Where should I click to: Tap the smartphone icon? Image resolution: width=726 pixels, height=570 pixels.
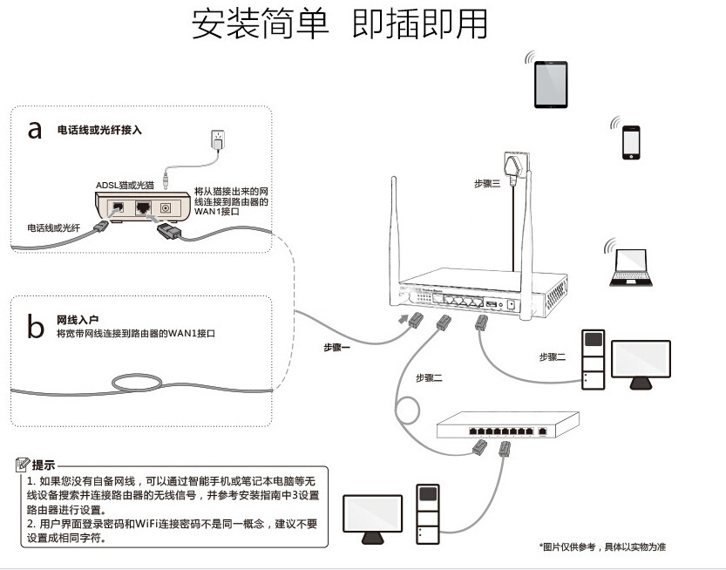pos(630,142)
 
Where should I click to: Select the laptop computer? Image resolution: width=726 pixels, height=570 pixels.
pos(628,268)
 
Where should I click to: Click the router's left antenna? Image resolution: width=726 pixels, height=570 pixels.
pos(395,231)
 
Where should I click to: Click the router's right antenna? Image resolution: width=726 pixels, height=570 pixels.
pos(526,235)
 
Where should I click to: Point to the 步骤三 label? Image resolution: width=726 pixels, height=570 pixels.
pos(487,184)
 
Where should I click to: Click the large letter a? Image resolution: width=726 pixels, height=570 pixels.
pos(35,130)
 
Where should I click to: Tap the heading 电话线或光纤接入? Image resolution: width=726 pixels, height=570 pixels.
pos(99,130)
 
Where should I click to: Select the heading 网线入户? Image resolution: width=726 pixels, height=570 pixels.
pos(78,320)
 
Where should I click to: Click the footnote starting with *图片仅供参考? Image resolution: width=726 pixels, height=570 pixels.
pos(602,546)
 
